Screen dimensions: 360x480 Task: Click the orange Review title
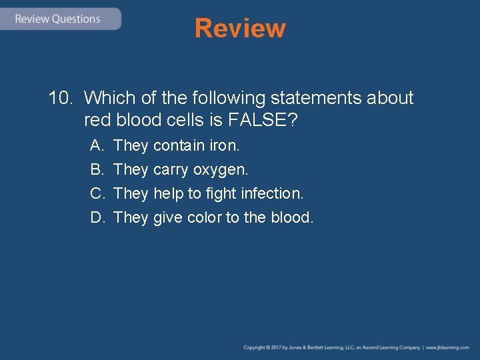coord(240,28)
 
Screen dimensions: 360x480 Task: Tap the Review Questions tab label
coord(57,19)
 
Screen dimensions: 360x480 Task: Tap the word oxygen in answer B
coord(220,170)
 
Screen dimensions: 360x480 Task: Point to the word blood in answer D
coord(291,217)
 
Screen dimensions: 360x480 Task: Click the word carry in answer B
coord(171,170)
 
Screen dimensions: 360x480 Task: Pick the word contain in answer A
coord(179,145)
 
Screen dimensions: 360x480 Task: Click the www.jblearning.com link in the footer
coord(447,347)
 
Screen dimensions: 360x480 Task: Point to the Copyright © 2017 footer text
coord(267,347)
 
